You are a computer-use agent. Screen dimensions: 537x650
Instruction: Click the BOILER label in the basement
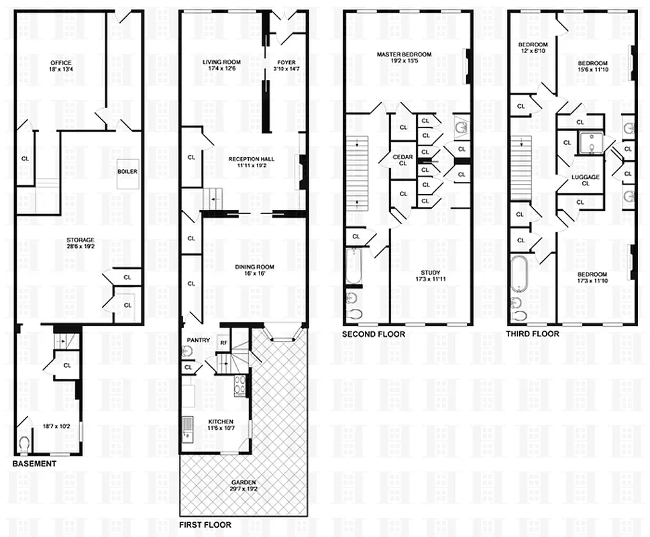tap(127, 171)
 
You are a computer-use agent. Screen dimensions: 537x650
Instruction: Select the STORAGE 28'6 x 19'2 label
tap(80, 243)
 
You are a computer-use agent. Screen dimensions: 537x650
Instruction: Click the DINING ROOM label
tap(252, 271)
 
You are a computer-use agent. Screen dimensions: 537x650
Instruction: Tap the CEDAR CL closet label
tap(403, 160)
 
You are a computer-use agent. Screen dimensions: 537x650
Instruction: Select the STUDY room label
tap(427, 275)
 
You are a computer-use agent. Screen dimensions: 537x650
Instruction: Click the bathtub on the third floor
tap(520, 274)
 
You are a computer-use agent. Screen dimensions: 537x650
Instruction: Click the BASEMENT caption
tap(34, 464)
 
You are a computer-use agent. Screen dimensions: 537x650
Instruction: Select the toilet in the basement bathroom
tap(25, 444)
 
